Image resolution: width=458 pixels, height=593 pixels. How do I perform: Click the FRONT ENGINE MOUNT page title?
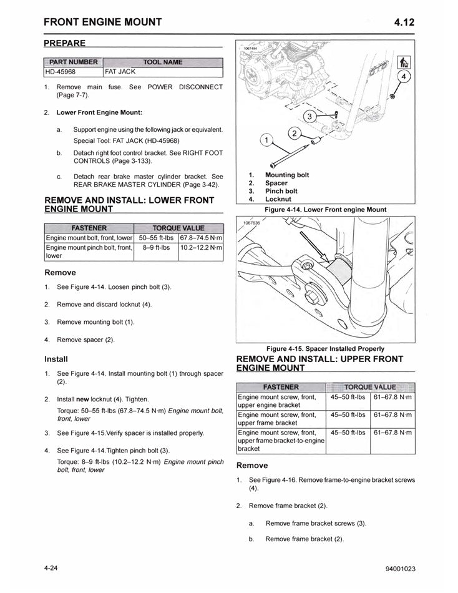(x=103, y=22)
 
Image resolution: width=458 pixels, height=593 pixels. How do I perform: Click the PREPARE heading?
(x=65, y=44)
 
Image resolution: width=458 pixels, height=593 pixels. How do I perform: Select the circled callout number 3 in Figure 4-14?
(x=310, y=117)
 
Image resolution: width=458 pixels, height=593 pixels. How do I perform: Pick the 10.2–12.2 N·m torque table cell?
(x=201, y=248)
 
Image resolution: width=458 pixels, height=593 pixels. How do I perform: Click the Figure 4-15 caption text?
(x=325, y=348)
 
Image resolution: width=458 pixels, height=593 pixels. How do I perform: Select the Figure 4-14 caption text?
(x=326, y=209)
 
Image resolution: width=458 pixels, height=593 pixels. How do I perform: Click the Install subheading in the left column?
(x=56, y=360)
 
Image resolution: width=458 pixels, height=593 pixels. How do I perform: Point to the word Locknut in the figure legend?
(x=278, y=199)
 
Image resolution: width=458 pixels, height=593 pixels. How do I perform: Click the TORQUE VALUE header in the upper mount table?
(x=370, y=387)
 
